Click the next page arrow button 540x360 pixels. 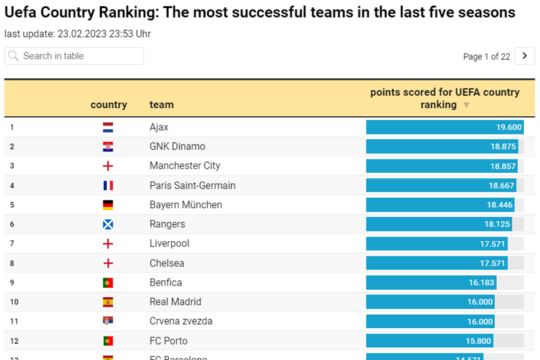point(524,56)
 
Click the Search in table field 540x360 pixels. point(74,56)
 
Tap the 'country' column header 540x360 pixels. point(109,105)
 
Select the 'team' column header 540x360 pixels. point(161,105)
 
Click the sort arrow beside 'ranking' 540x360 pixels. point(466,105)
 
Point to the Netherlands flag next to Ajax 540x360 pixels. point(108,127)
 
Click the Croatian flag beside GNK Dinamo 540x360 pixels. point(108,147)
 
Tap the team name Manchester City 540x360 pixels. point(185,165)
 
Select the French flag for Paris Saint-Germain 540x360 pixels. point(108,185)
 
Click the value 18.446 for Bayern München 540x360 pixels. point(500,205)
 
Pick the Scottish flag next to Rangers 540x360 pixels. point(108,224)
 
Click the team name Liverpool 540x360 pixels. point(169,243)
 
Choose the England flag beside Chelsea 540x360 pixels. point(108,263)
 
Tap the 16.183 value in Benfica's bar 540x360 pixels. point(480,282)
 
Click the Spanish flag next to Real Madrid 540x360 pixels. point(108,302)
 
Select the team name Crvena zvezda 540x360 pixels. point(181,321)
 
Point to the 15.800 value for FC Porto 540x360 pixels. point(479,340)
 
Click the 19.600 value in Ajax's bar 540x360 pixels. point(509,127)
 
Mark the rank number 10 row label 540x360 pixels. point(14,302)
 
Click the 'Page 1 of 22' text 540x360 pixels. point(486,57)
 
